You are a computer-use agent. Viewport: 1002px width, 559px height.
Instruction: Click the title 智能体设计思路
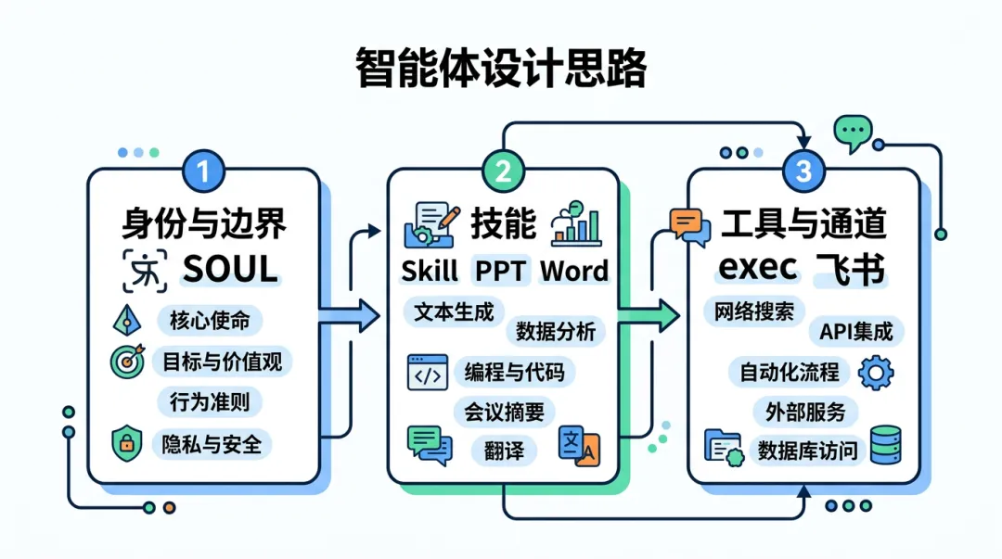point(500,69)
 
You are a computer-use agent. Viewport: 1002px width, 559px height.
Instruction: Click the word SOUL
point(230,269)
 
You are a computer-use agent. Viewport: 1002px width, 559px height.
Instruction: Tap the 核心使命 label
point(210,321)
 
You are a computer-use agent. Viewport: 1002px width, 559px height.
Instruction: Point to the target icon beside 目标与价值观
point(127,361)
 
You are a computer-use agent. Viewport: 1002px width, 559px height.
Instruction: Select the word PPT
point(500,271)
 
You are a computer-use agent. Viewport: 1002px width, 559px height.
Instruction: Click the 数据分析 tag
point(555,331)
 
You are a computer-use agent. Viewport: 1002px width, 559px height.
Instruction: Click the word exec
point(759,268)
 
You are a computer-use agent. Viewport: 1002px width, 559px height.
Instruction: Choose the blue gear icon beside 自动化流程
point(877,372)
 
